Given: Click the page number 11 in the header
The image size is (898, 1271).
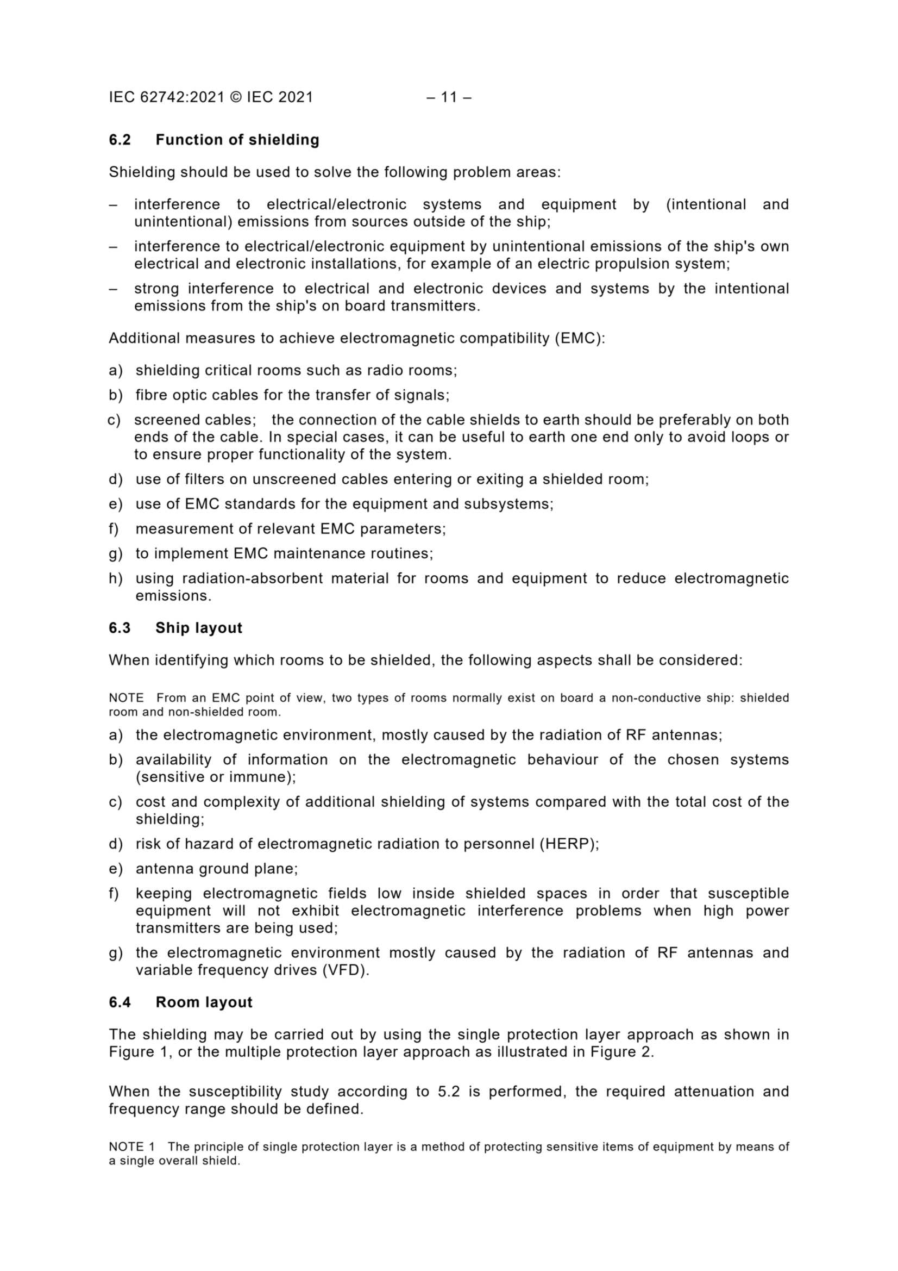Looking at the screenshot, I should click(x=449, y=97).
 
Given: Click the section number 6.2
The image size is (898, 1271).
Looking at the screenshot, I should click(x=120, y=140).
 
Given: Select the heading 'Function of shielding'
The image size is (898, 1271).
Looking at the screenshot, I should click(x=237, y=140).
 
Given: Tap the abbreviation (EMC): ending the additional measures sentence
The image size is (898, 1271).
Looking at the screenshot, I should click(x=580, y=338).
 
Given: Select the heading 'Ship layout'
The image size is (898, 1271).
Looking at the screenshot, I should click(x=199, y=628).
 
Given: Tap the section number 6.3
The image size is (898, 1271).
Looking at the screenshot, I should click(x=120, y=628).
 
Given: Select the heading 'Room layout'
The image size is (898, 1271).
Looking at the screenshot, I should click(x=204, y=1002).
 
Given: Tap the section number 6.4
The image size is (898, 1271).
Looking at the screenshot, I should click(x=120, y=1002).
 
